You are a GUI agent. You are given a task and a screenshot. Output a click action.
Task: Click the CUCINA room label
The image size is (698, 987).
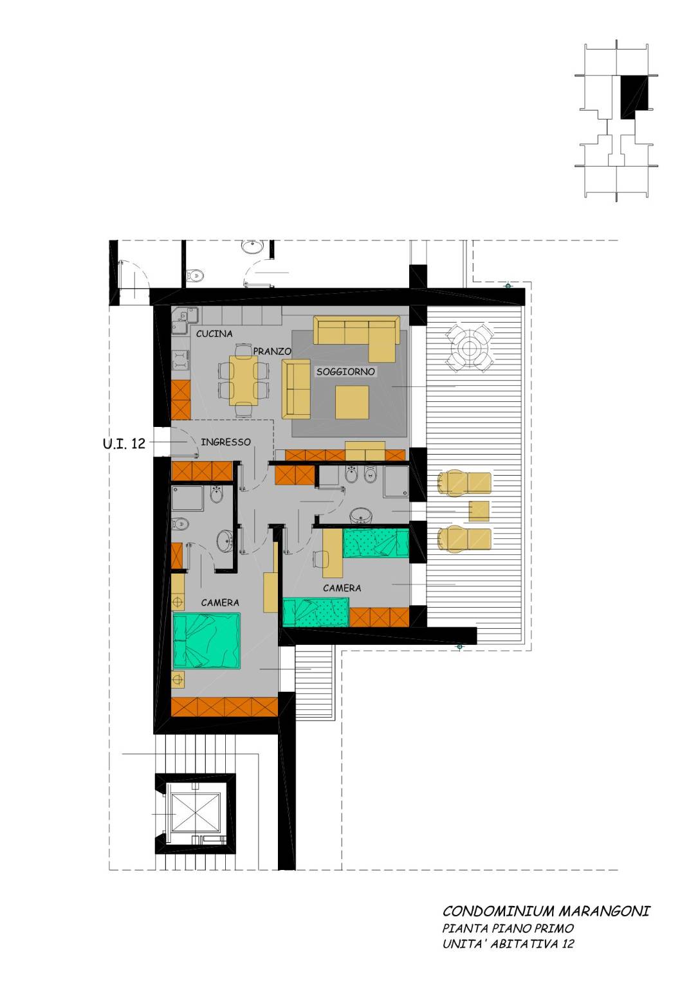(x=214, y=334)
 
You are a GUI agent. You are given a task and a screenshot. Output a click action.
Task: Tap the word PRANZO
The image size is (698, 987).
(x=272, y=351)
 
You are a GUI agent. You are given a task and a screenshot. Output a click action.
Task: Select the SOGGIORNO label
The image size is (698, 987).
(x=345, y=372)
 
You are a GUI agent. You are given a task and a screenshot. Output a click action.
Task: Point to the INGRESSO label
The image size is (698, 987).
(x=226, y=442)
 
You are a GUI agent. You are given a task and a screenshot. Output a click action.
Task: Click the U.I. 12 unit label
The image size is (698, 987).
(x=124, y=443)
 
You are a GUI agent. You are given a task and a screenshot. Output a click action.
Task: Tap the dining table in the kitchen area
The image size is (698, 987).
(x=243, y=380)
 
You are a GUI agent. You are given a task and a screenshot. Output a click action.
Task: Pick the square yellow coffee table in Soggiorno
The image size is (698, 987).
(x=352, y=403)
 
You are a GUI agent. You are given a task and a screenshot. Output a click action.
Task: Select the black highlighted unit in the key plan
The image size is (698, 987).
(x=634, y=96)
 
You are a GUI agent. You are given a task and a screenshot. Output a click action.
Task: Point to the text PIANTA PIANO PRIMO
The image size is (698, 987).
(x=508, y=928)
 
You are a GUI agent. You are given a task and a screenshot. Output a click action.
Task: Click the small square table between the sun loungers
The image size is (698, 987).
(x=479, y=511)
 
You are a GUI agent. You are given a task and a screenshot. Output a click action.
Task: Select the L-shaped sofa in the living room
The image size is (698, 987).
(x=360, y=338)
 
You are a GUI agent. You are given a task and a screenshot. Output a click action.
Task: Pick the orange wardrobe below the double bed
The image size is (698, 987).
(x=225, y=707)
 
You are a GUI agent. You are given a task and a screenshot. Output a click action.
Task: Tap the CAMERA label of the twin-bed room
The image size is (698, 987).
(x=342, y=588)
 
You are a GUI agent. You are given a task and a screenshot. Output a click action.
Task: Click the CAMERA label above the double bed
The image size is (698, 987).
(x=220, y=602)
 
